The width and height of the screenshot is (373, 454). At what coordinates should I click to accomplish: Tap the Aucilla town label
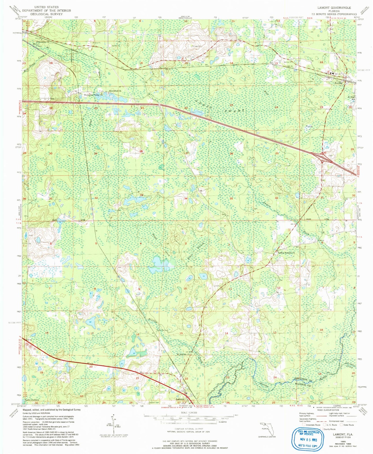(x=338, y=83)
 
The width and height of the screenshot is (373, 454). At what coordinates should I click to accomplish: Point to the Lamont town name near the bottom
(x=180, y=399)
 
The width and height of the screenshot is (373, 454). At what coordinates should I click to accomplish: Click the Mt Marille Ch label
(x=183, y=355)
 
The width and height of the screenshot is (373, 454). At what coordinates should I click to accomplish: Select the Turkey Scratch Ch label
(x=286, y=253)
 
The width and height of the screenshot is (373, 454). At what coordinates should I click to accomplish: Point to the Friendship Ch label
(x=43, y=42)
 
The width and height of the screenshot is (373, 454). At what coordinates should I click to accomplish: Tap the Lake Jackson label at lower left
(x=32, y=400)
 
